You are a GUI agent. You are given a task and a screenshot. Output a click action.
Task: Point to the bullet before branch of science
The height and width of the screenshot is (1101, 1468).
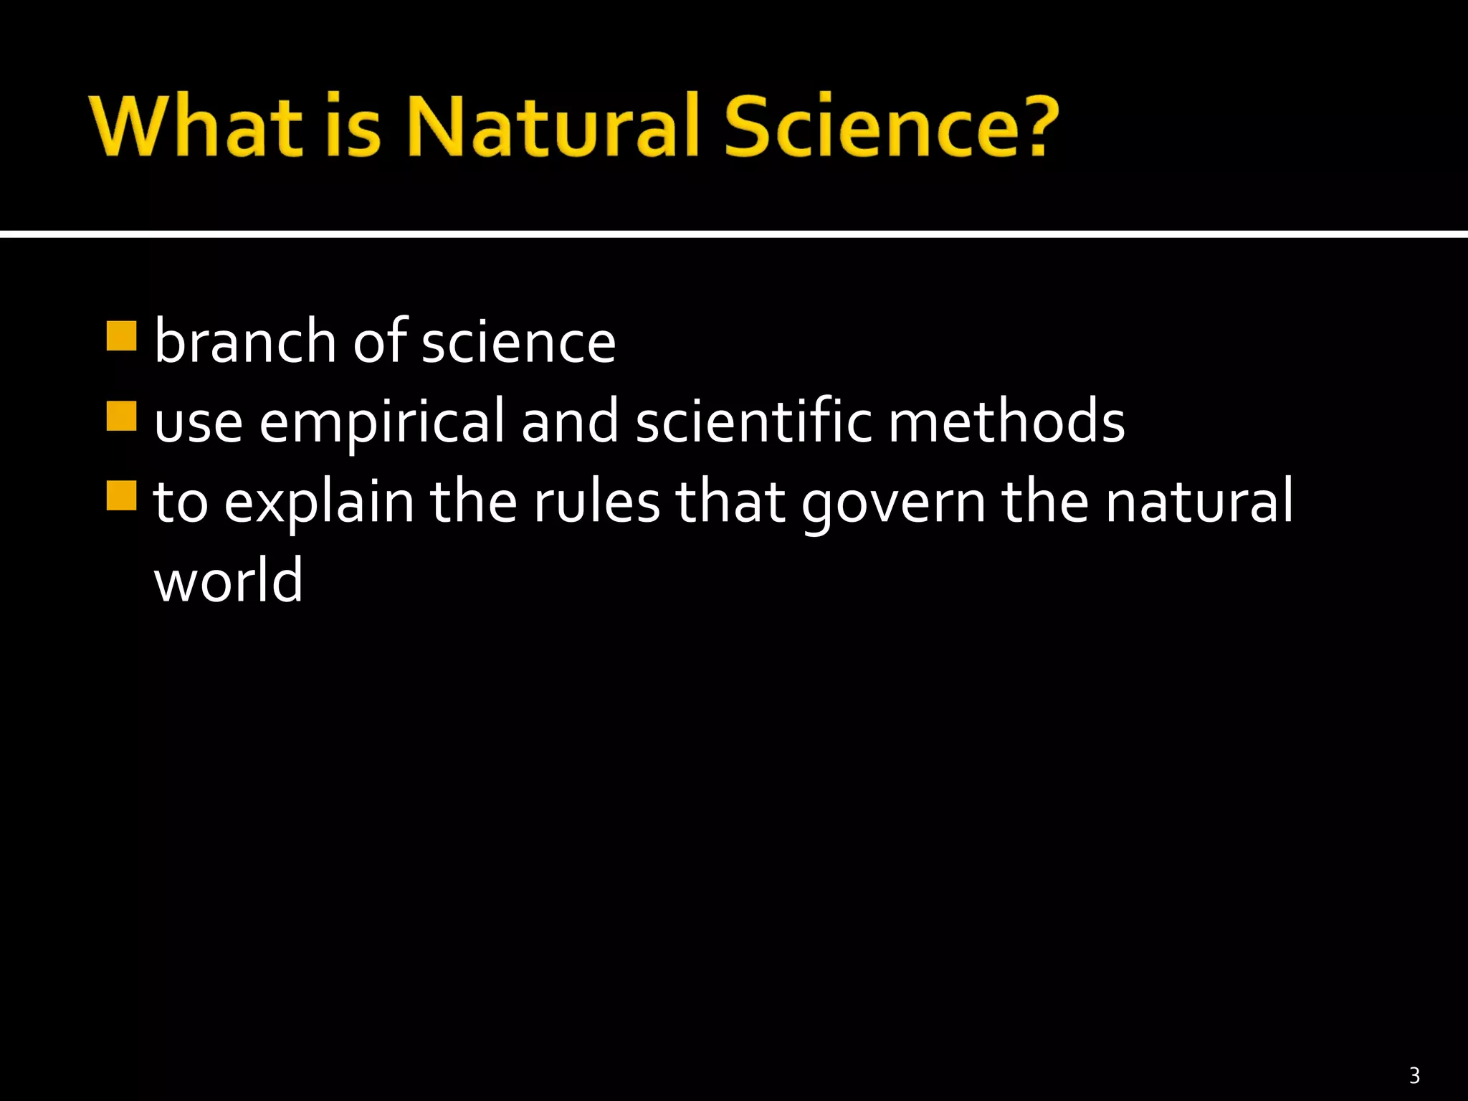click(121, 335)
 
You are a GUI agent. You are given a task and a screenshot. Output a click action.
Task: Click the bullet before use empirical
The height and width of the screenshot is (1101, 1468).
click(121, 416)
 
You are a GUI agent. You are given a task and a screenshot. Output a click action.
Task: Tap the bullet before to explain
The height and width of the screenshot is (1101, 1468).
click(121, 495)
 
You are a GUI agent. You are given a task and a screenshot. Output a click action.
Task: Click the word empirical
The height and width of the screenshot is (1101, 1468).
click(381, 423)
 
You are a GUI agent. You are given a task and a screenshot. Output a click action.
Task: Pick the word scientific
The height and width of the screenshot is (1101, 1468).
click(753, 421)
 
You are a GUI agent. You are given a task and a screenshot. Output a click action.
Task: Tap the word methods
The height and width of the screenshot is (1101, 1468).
click(1006, 421)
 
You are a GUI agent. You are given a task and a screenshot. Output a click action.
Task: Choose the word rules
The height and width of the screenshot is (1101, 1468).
click(596, 502)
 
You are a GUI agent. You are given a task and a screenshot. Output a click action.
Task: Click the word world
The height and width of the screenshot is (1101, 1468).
click(229, 581)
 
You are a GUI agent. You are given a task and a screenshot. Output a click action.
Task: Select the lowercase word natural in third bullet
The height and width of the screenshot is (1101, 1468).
click(1199, 502)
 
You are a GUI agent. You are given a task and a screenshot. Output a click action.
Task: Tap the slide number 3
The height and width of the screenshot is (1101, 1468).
click(1414, 1075)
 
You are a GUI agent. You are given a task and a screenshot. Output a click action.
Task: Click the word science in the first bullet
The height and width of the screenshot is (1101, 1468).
click(518, 343)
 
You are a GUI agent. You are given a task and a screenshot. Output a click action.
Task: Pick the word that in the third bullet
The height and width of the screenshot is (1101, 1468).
click(730, 502)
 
